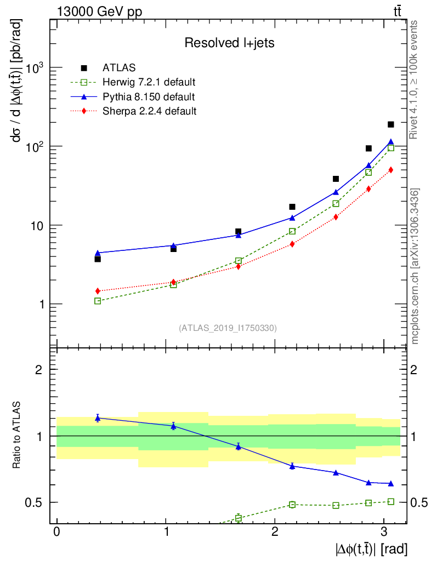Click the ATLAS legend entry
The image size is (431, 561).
tap(116, 68)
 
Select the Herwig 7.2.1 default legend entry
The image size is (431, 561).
tap(149, 83)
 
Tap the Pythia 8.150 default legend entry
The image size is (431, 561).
tap(149, 97)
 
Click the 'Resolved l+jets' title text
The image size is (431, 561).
tap(229, 43)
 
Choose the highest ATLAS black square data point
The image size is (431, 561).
tap(391, 124)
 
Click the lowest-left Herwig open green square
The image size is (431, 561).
tap(98, 301)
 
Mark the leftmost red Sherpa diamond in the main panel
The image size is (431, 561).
tap(98, 291)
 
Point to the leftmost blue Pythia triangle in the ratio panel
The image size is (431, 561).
tap(98, 418)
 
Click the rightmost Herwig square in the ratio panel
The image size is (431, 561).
tap(391, 501)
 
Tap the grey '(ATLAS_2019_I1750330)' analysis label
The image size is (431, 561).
tap(228, 328)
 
